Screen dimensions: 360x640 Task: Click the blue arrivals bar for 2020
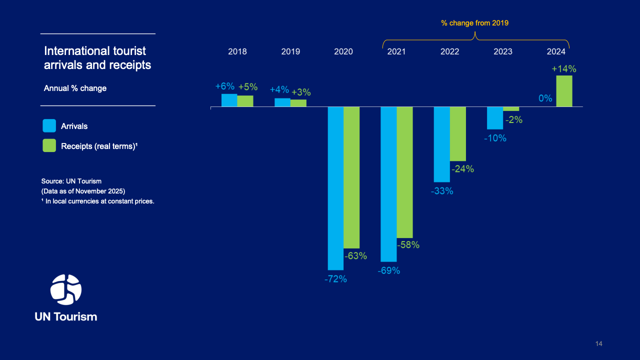click(x=335, y=188)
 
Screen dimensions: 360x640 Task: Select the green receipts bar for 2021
click(x=404, y=172)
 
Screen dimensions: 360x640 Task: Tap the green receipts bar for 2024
click(x=564, y=91)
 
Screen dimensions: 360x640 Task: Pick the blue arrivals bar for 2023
click(x=495, y=118)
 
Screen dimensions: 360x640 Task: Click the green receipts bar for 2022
click(x=457, y=133)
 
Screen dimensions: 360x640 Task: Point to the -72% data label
click(x=335, y=279)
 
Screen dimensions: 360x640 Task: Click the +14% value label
click(x=564, y=68)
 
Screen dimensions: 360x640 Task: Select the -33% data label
click(x=442, y=190)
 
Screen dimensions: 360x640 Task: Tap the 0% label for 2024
click(x=545, y=98)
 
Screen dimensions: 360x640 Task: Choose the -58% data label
click(x=408, y=245)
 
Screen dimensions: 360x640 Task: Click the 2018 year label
click(x=237, y=51)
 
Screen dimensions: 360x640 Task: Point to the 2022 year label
click(x=450, y=51)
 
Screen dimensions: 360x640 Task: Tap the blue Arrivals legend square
click(x=49, y=126)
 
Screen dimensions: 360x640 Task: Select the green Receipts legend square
click(x=49, y=145)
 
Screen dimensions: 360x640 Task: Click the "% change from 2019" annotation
click(x=474, y=23)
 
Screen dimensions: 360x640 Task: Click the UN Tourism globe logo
click(x=66, y=289)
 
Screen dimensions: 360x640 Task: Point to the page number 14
click(x=599, y=343)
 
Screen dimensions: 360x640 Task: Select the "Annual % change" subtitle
click(x=75, y=88)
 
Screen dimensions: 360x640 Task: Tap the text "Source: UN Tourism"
click(x=71, y=181)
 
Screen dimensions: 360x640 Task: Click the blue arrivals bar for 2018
click(x=229, y=100)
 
